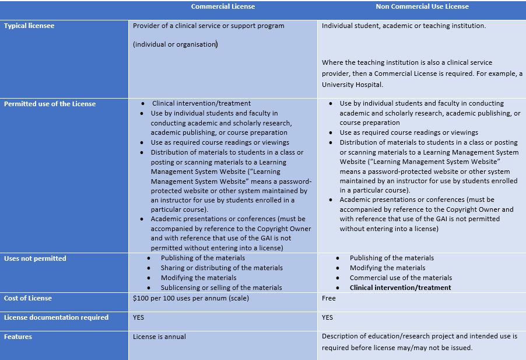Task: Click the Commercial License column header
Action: (223, 7)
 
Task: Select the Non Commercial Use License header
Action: (422, 7)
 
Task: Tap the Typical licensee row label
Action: (29, 26)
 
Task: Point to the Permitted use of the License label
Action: (50, 104)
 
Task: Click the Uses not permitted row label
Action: (35, 258)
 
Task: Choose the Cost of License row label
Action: (28, 298)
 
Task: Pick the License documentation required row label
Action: (56, 317)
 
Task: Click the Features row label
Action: (18, 337)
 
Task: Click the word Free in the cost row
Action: (329, 298)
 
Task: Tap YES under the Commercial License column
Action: (138, 317)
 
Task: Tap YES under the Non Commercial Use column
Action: (327, 317)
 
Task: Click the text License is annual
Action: (159, 337)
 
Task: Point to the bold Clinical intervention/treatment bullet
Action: (400, 288)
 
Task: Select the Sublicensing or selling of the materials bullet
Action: (221, 288)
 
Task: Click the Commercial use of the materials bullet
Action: (401, 278)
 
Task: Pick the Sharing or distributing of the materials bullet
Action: (222, 268)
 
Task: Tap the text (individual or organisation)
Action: (175, 44)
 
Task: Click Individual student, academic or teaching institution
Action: (404, 26)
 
